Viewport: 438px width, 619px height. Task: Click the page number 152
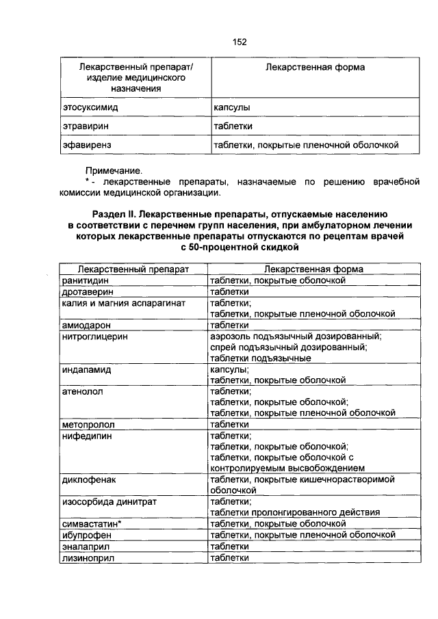[239, 42]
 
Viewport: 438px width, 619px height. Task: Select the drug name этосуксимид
[88, 108]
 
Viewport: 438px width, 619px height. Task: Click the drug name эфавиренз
[86, 145]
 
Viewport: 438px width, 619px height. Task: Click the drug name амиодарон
[86, 325]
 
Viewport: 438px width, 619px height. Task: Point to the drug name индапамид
[86, 369]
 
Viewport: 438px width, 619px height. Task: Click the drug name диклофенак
[89, 480]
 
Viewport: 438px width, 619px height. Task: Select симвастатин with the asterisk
[92, 523]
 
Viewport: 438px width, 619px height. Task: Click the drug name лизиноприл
[88, 557]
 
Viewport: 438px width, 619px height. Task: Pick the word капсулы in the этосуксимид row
[231, 108]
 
